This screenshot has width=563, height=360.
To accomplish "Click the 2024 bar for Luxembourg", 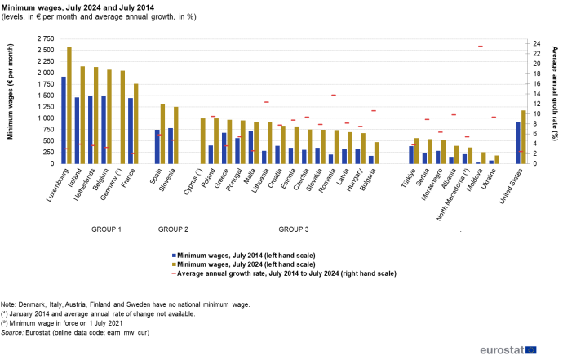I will [69, 105].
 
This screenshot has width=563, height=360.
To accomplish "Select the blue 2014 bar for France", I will [130, 131].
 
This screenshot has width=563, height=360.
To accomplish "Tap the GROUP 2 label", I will [173, 229].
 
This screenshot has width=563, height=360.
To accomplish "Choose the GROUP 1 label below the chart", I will [106, 229].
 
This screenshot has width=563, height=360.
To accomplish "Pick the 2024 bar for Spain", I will [162, 134].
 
